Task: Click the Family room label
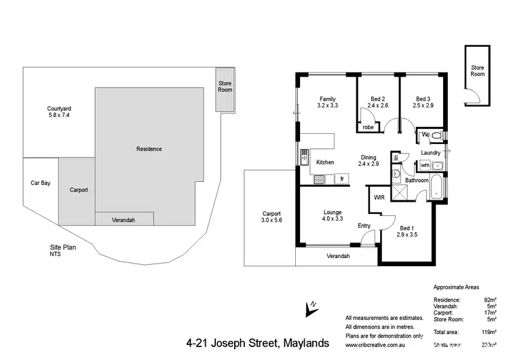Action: click(327, 101)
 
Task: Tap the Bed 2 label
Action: click(378, 101)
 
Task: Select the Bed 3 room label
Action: click(423, 101)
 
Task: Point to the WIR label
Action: click(379, 197)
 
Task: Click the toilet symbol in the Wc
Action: click(437, 135)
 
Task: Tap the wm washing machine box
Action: click(425, 165)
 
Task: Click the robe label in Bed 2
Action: click(368, 127)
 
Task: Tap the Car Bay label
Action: click(40, 183)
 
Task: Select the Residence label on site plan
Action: click(149, 149)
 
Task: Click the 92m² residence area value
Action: click(490, 300)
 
